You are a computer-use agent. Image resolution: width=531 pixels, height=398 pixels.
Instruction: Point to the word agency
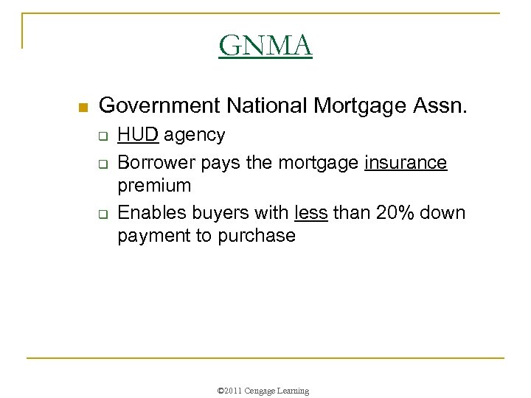click(195, 137)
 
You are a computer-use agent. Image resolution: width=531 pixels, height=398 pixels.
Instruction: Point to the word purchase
click(254, 237)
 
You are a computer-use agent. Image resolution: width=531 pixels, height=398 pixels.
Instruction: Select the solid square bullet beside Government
click(83, 108)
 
